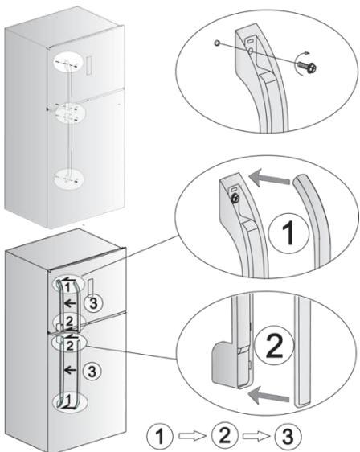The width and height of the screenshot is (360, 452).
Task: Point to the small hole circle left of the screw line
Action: tap(217, 43)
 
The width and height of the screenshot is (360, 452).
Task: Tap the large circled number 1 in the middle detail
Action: tap(288, 233)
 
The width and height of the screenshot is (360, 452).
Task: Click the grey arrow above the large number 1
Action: tap(269, 177)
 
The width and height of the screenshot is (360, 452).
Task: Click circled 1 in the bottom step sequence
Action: tap(160, 436)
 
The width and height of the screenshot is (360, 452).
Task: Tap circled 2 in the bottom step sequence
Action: tap(225, 435)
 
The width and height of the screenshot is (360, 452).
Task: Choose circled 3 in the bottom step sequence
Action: tap(288, 436)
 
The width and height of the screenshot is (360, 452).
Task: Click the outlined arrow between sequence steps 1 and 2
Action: tap(192, 436)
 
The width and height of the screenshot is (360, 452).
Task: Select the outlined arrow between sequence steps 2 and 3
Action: tap(256, 436)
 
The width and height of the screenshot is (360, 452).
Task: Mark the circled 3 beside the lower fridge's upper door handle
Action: tap(93, 303)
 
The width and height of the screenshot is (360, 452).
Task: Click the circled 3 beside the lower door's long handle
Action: tap(92, 372)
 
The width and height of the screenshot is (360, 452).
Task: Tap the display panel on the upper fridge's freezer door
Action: tap(89, 65)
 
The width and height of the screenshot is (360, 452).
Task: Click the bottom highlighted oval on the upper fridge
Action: tap(68, 179)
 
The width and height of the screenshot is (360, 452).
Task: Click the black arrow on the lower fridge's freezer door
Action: tap(70, 303)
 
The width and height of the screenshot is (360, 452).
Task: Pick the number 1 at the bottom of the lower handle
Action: tap(68, 400)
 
